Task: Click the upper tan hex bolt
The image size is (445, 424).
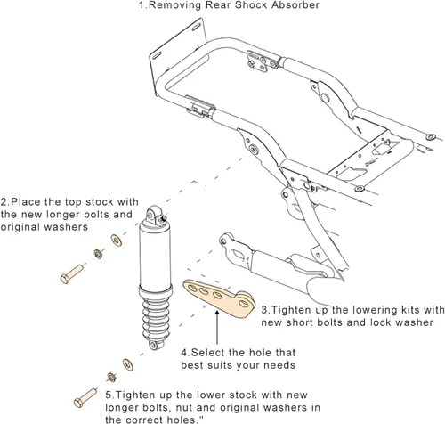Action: coord(71,274)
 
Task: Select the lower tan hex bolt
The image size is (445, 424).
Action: coord(85,398)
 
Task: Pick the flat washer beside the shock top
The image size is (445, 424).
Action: coord(117,241)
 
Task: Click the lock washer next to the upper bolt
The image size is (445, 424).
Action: coord(98,254)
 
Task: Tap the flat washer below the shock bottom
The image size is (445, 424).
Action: coord(128,364)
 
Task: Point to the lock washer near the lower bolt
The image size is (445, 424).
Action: coord(111,377)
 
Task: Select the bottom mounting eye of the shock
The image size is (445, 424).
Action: coord(155,345)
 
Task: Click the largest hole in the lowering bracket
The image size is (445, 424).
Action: coord(244,304)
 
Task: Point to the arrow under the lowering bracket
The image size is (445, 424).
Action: coord(217,327)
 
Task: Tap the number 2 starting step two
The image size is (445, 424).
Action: coord(4,202)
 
